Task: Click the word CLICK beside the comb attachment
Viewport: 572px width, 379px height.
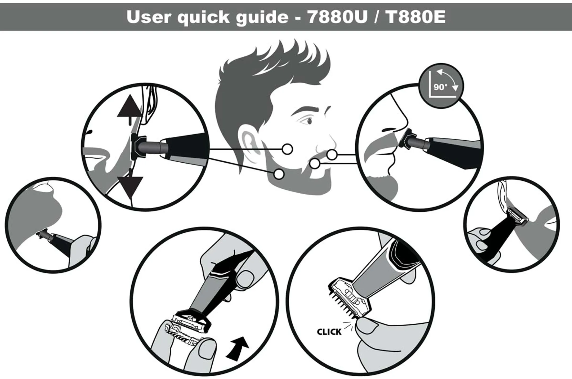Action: click(329, 332)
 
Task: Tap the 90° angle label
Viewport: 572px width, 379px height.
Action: click(440, 87)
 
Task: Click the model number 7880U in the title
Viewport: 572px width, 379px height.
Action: click(338, 17)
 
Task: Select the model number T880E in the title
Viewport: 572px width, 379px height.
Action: click(415, 17)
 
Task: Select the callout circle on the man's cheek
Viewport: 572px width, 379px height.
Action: click(287, 149)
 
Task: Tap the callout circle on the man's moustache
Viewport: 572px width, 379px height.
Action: click(332, 155)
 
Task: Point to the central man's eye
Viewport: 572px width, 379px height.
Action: click(309, 121)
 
